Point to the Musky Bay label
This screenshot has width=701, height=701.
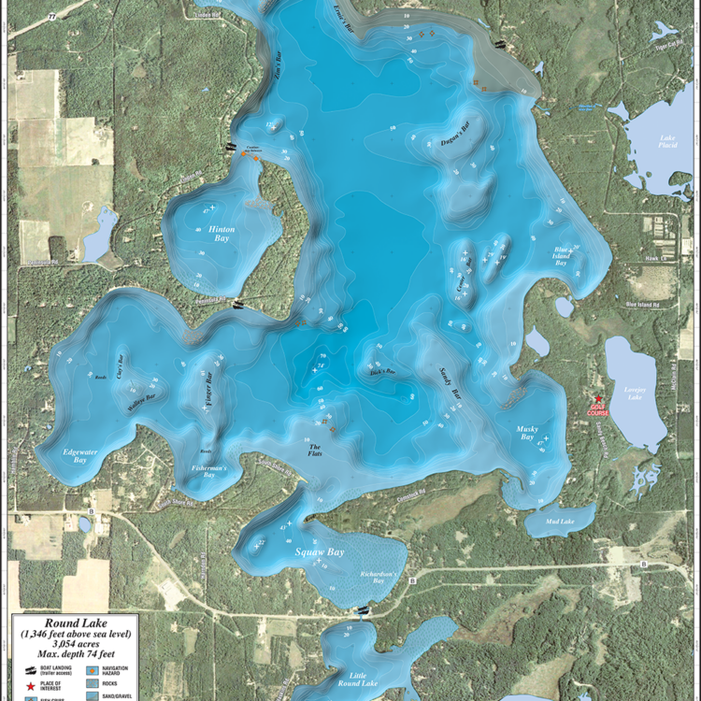(x=532, y=434)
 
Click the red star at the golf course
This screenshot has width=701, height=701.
(x=598, y=399)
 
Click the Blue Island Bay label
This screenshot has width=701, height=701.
(x=562, y=257)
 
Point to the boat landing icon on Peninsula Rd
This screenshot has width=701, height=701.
(x=238, y=302)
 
